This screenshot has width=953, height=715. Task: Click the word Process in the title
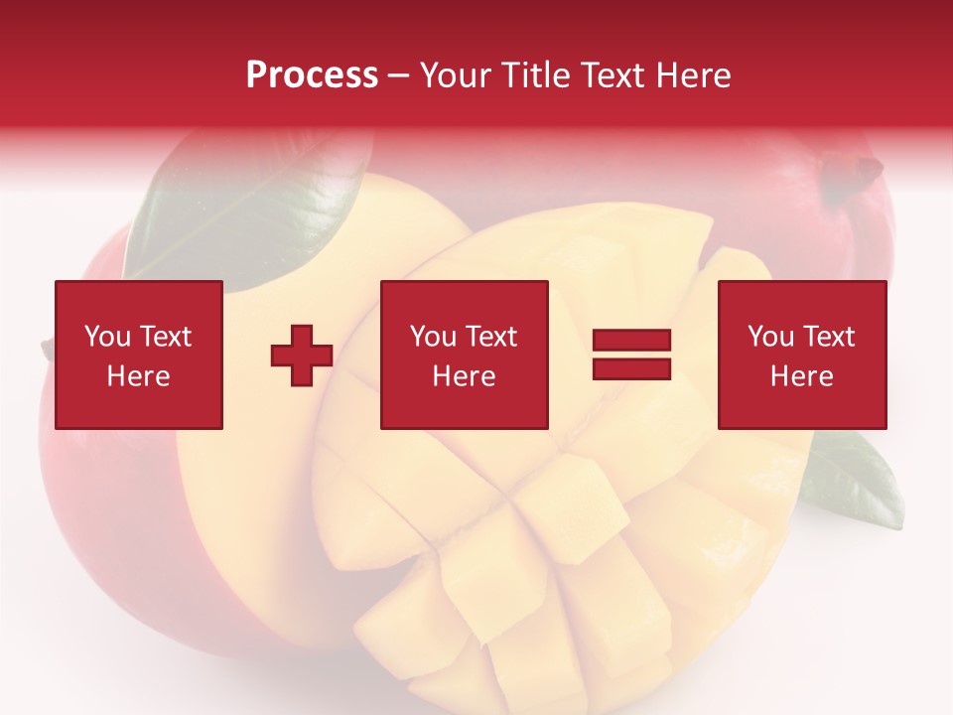(312, 75)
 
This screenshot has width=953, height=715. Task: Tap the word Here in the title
(692, 75)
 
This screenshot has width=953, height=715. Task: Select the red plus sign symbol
(302, 356)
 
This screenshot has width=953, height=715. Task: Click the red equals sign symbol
(631, 355)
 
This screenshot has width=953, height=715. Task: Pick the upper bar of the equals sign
(631, 341)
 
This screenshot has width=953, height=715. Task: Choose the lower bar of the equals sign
(631, 368)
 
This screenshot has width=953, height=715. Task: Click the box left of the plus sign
(139, 355)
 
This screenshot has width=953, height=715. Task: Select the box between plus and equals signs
(465, 355)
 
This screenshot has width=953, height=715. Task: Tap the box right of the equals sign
(802, 355)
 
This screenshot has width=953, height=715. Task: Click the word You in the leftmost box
(107, 337)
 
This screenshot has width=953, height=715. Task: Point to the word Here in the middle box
(465, 376)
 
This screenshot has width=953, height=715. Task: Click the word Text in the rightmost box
(828, 337)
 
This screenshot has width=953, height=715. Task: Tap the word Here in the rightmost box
(802, 376)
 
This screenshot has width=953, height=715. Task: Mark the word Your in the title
(453, 75)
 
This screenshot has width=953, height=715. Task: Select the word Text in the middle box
(490, 337)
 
